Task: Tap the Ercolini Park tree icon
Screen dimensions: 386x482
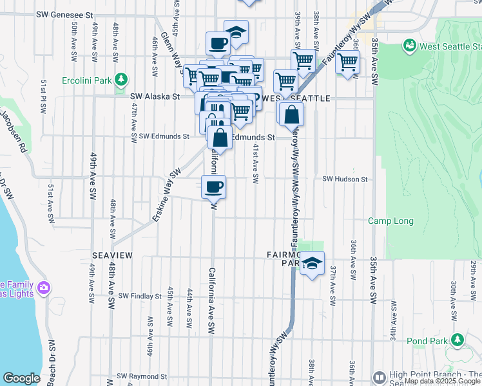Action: tap(120, 80)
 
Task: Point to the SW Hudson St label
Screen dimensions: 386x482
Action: tap(345, 179)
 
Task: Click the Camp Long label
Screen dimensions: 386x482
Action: tap(390, 221)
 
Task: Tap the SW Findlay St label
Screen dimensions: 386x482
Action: tap(139, 297)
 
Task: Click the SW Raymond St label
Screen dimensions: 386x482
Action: tap(142, 376)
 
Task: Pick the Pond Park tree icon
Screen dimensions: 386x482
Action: tap(458, 339)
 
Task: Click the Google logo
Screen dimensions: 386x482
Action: tap(21, 378)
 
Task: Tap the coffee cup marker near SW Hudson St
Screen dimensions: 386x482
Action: tap(214, 187)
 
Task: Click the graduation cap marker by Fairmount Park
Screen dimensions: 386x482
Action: tap(312, 264)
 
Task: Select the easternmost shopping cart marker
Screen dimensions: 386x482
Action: tap(348, 62)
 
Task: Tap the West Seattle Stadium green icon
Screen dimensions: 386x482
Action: tap(409, 46)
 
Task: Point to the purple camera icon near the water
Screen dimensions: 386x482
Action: tap(43, 287)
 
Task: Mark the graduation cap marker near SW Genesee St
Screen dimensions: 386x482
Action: tap(236, 32)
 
